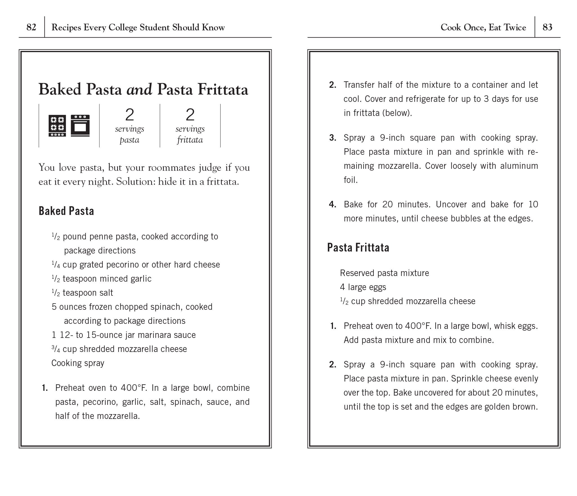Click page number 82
(31, 27)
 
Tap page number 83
(547, 27)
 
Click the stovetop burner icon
(57, 125)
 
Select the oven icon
(80, 125)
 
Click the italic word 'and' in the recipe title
(139, 89)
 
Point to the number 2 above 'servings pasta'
(129, 115)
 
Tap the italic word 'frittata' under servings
(190, 140)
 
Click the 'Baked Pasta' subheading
(66, 211)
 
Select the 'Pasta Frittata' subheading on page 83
(358, 248)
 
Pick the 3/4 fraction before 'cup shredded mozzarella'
(56, 349)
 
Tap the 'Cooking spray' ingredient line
(78, 363)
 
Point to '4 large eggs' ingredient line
(363, 287)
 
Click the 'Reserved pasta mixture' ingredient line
(384, 273)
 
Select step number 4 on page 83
(332, 205)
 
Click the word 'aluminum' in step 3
(519, 166)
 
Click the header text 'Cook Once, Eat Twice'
(483, 27)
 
